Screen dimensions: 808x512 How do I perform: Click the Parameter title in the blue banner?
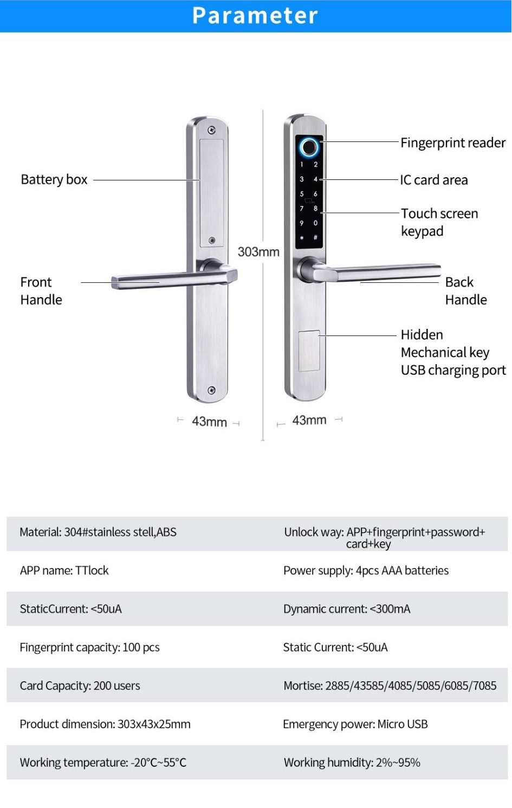[x=255, y=16]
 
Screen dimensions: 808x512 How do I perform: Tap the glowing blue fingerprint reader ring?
[x=309, y=146]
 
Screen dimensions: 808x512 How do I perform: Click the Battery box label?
[x=54, y=179]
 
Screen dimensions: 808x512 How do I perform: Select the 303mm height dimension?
[x=258, y=252]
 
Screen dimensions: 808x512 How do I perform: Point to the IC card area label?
[x=433, y=180]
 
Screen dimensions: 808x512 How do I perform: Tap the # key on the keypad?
[x=315, y=237]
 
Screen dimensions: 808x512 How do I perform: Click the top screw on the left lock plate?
[x=212, y=130]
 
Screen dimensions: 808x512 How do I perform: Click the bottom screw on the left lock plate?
[x=212, y=390]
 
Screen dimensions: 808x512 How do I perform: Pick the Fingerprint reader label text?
[x=452, y=143]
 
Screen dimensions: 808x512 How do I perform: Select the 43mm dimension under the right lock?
[x=309, y=420]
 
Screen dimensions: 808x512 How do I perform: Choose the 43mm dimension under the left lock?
[x=209, y=422]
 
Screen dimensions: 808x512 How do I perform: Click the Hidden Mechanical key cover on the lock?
[x=309, y=351]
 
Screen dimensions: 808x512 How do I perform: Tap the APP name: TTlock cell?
[x=64, y=571]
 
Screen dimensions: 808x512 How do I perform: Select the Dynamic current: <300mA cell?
[x=347, y=609]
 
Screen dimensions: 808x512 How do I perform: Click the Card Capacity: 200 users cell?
[x=80, y=686]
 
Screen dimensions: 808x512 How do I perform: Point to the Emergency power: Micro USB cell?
[x=355, y=725]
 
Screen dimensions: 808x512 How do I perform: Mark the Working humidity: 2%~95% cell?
[x=352, y=763]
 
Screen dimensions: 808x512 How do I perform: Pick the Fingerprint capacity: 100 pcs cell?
[x=89, y=648]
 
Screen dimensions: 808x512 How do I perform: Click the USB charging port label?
[x=453, y=370]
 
